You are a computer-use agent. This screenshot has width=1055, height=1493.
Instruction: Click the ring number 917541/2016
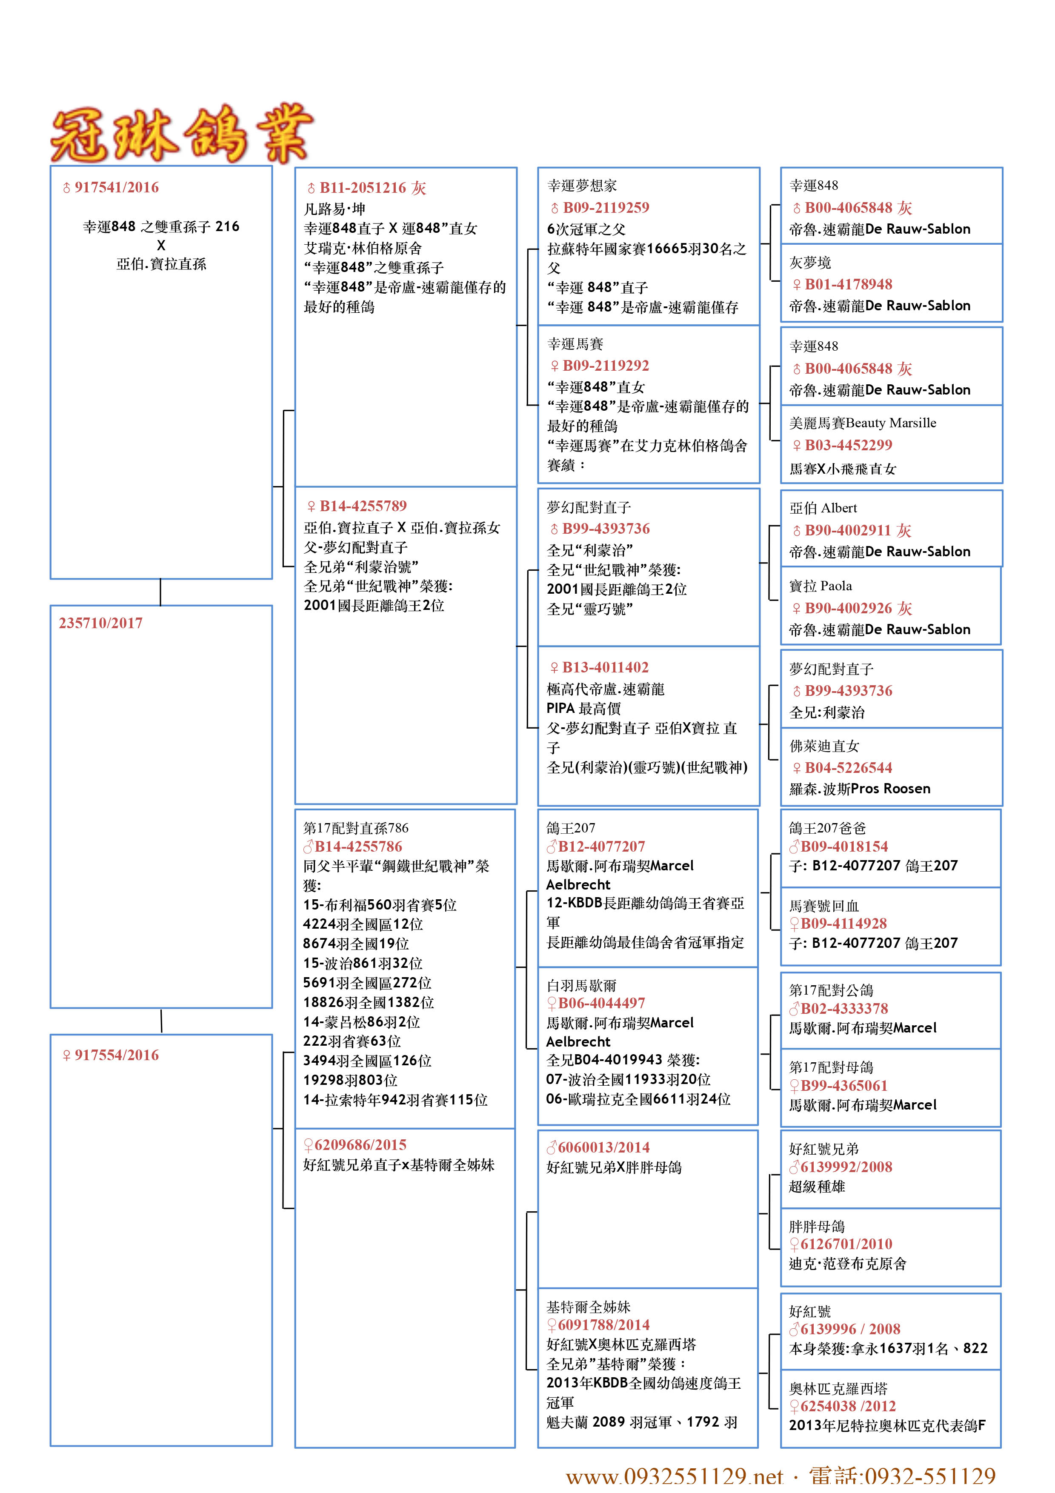pyautogui.click(x=116, y=187)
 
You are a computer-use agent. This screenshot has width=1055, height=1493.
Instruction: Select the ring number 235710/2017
pyautogui.click(x=101, y=623)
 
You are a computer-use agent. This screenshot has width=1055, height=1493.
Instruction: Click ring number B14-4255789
pyautogui.click(x=362, y=506)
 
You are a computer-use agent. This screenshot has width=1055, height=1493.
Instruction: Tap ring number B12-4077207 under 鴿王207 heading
pyautogui.click(x=600, y=847)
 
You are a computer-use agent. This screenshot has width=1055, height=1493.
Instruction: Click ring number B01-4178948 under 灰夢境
pyautogui.click(x=848, y=284)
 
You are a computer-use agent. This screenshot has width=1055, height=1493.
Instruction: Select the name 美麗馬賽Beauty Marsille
pyautogui.click(x=863, y=423)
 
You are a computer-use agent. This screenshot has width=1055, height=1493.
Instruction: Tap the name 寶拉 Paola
pyautogui.click(x=821, y=586)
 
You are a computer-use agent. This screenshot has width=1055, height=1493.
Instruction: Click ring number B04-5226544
pyautogui.click(x=848, y=768)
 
